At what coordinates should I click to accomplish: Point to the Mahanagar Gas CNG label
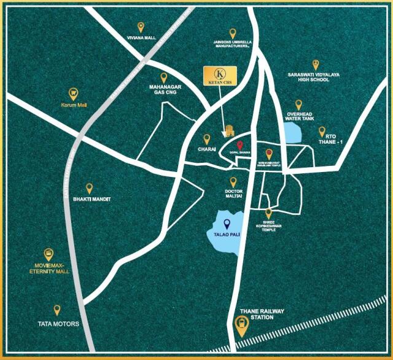point(163,91)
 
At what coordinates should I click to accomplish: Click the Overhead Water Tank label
point(300,117)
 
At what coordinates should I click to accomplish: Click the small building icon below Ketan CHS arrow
point(229,130)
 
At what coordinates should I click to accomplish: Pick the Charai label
point(206,149)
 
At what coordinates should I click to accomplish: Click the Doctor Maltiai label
point(233,194)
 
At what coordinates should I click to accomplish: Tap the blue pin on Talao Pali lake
point(227,224)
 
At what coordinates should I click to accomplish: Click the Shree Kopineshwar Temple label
point(268,225)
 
